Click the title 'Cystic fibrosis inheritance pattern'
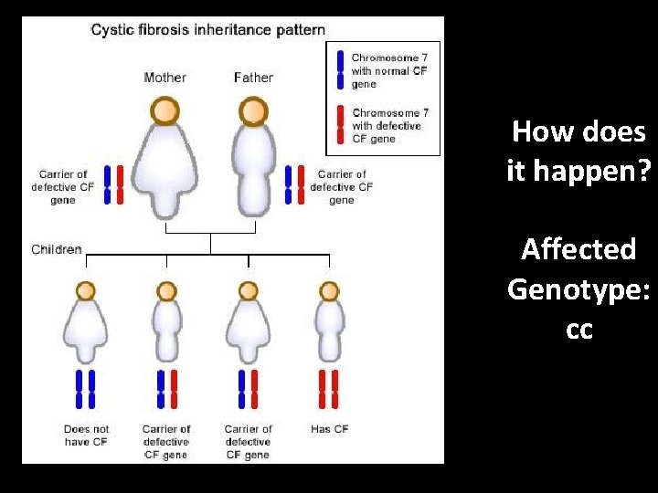coord(207,29)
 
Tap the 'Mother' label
coord(164,78)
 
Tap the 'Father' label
coord(253,78)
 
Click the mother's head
coord(164,111)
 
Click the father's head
coord(253,111)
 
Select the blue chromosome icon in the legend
coord(339,70)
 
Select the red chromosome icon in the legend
coord(339,125)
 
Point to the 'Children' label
coord(57,249)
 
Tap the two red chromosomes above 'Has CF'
coord(327,388)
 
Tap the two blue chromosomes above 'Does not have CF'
coord(86,388)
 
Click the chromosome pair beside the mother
coord(113,184)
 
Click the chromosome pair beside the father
coord(294,184)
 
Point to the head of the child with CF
coord(328,291)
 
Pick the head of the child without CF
coord(86,291)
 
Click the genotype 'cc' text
coord(579,330)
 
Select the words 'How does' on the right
coord(579,132)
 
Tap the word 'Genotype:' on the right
coord(579,289)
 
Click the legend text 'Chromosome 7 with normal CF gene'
coord(389,70)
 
